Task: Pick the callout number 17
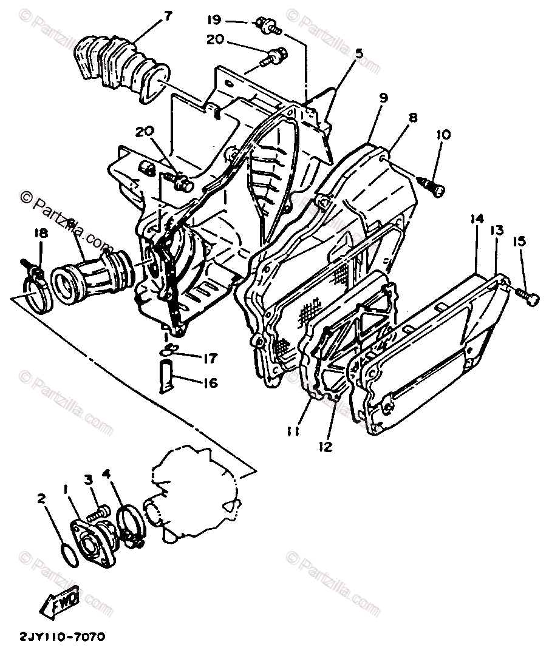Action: (x=210, y=359)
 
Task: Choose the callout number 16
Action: (x=210, y=383)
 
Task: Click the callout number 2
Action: (x=41, y=499)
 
